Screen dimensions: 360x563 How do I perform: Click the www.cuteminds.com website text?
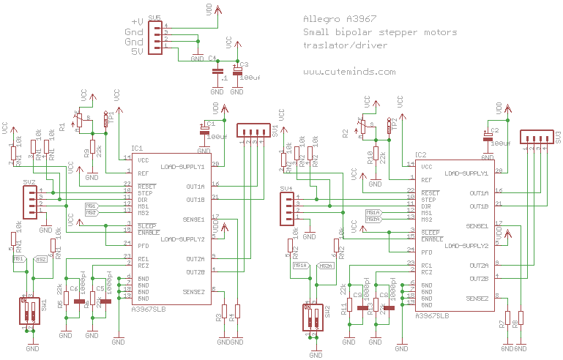pos(349,72)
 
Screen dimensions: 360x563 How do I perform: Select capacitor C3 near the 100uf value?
pos(236,71)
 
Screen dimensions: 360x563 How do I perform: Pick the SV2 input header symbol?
pos(29,201)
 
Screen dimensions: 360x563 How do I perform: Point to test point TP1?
pos(107,119)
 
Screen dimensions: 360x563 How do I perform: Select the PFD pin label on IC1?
pos(143,244)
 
